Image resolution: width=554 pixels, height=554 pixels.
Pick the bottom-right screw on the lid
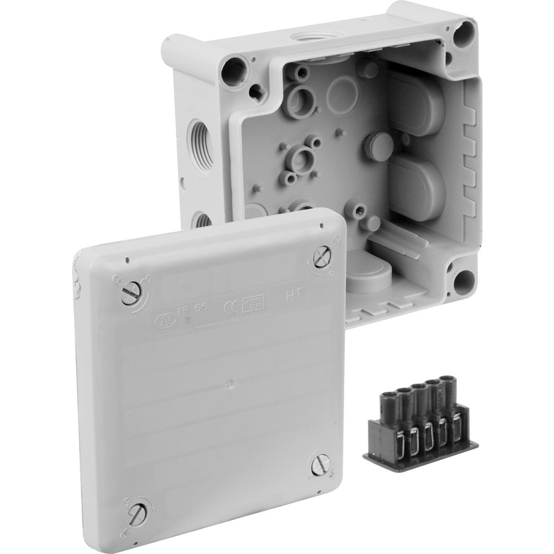(321, 464)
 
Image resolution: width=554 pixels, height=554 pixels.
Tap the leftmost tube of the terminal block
(382, 399)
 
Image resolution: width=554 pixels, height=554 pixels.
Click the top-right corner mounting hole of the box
(463, 31)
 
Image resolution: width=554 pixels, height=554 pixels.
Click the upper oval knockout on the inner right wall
(417, 104)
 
